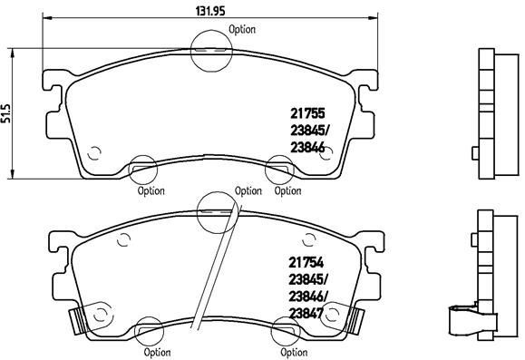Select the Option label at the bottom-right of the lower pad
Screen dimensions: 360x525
tap(288, 352)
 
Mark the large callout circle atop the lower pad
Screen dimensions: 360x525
tap(216, 210)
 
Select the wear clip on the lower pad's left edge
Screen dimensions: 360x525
tap(79, 319)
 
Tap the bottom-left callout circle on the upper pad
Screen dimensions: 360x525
tap(141, 169)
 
